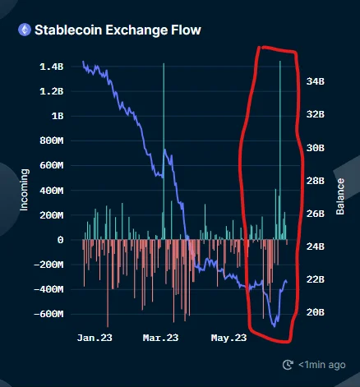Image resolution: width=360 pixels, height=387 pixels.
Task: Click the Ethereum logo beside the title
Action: [x=25, y=30]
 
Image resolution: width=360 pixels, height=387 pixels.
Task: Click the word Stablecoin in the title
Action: [x=68, y=30]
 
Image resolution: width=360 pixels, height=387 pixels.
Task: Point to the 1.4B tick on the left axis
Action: [x=52, y=67]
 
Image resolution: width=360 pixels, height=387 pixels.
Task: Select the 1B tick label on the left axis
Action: [x=58, y=116]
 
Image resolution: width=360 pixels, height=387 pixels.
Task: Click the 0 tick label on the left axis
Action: [x=60, y=240]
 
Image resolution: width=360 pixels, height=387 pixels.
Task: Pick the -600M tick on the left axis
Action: [x=48, y=314]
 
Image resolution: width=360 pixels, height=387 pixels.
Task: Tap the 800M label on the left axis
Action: [x=52, y=141]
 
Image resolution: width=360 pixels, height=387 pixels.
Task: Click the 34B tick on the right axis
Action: [x=316, y=81]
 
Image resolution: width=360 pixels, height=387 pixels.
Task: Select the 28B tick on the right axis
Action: [x=316, y=181]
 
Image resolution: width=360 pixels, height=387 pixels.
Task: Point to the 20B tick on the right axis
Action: [x=316, y=312]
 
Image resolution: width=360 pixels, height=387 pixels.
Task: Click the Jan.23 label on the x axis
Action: [x=95, y=338]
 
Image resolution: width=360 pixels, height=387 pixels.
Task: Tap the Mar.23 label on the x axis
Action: [x=160, y=338]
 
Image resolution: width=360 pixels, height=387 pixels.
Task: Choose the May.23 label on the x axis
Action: [x=228, y=338]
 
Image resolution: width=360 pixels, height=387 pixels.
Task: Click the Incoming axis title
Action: [x=24, y=190]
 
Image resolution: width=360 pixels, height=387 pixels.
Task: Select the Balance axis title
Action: [x=340, y=196]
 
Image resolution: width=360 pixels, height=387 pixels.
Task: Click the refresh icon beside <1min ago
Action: [x=288, y=365]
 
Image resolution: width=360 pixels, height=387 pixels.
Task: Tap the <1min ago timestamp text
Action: [x=322, y=365]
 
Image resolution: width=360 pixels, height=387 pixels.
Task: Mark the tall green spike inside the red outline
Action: [x=280, y=150]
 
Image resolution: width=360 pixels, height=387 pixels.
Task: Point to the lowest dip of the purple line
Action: [x=275, y=326]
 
